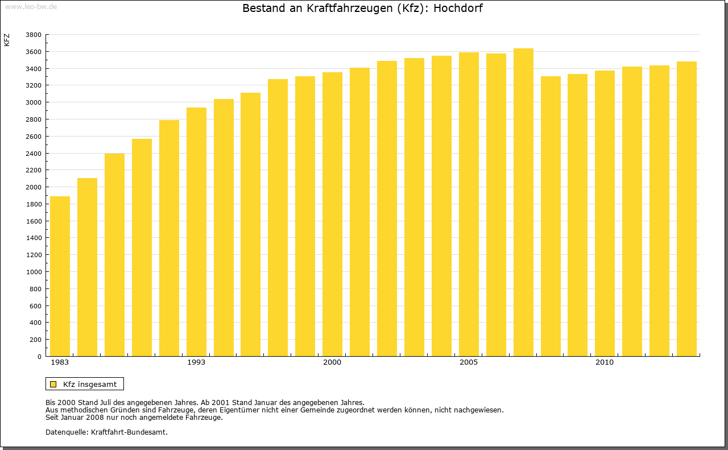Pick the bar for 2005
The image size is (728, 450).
469,204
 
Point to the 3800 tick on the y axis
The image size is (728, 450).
34,35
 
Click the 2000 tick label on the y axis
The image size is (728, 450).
34,187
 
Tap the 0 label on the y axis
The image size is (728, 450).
39,357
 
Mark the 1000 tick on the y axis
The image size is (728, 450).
34,272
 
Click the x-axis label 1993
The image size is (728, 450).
196,362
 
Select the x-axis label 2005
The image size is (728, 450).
469,362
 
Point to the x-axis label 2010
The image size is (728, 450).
605,362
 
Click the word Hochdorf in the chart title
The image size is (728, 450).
458,9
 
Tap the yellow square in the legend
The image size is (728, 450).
53,384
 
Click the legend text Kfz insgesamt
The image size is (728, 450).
90,384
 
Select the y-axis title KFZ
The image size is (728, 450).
7,40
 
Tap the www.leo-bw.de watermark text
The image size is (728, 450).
31,6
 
